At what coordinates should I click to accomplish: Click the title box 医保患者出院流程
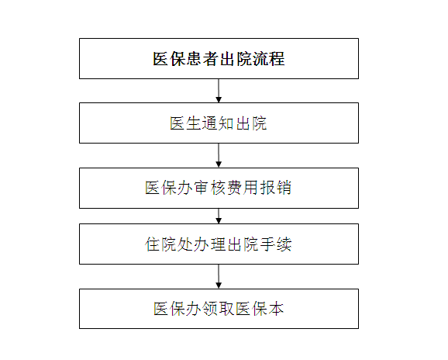[x=219, y=59]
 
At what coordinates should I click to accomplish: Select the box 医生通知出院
[x=219, y=123]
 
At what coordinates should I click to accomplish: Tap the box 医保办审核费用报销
[x=219, y=188]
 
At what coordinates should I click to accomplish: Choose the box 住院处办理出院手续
[x=219, y=244]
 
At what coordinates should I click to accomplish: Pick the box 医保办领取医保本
[x=219, y=309]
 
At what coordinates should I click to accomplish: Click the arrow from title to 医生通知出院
[x=219, y=91]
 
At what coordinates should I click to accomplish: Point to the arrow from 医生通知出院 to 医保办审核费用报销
[x=219, y=155]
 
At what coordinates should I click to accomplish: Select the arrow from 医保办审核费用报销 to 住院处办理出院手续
[x=219, y=216]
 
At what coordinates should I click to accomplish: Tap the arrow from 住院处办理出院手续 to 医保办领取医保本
[x=219, y=276]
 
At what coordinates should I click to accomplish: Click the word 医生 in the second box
[x=185, y=123]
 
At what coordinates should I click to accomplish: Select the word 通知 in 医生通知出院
[x=219, y=123]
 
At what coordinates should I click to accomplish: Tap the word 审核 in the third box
[x=210, y=188]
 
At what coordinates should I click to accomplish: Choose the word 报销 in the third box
[x=275, y=188]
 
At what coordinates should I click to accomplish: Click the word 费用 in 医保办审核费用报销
[x=243, y=188]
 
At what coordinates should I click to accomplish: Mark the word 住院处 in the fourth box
[x=169, y=244]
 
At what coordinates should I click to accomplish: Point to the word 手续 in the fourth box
[x=276, y=244]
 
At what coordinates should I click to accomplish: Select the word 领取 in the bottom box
[x=219, y=309]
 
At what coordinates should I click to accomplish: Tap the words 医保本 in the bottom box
[x=260, y=309]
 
